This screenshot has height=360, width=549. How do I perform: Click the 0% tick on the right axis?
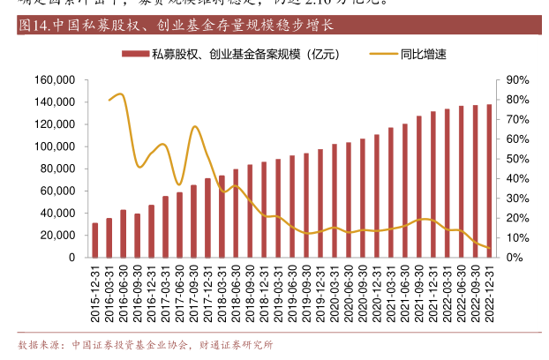tap(515, 258)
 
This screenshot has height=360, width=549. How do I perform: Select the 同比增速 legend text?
tap(423, 54)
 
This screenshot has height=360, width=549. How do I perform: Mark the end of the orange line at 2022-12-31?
tap(489, 248)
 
